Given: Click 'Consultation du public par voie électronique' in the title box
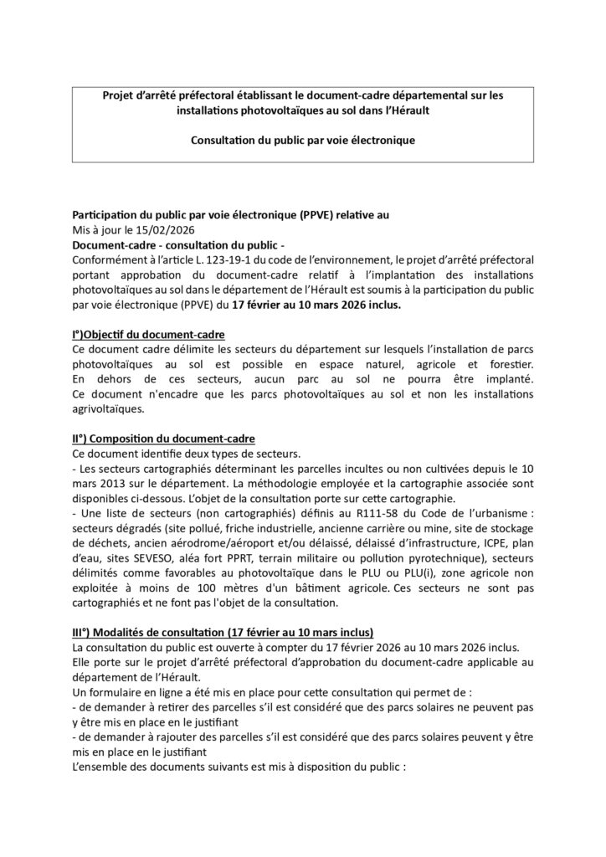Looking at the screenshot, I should (x=302, y=139).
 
